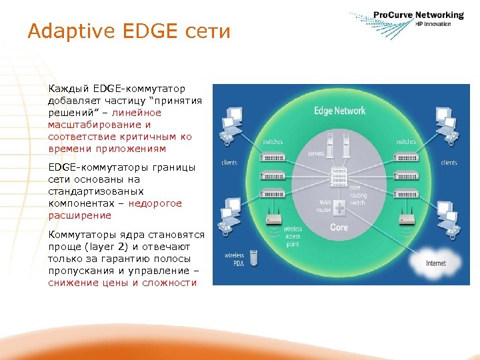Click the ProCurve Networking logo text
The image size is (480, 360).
coord(418,15)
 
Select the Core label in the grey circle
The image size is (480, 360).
coord(339,227)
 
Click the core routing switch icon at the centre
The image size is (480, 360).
coord(339,177)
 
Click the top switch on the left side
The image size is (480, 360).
coord(273,154)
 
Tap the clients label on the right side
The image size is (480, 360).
coord(449,163)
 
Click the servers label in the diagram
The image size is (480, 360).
coord(315,153)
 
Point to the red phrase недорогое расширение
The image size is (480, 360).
coord(115,209)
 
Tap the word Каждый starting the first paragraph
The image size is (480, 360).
coord(65,88)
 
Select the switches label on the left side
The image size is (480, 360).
coord(273,141)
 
